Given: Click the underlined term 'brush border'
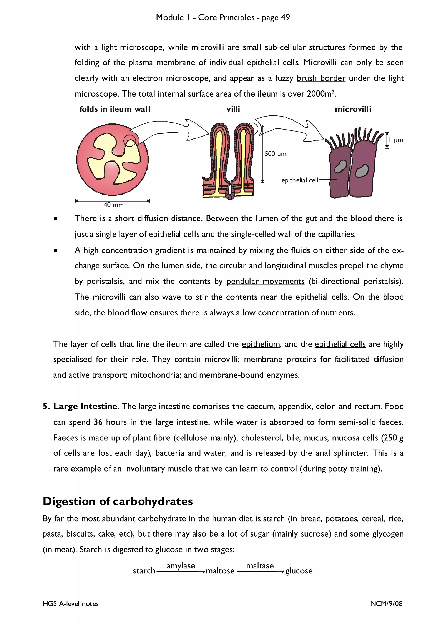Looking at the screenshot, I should (321, 78).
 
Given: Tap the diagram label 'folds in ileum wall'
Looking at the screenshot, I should (115, 109).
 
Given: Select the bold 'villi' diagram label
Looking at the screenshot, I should (233, 109).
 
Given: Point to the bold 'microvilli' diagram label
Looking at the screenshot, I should (353, 109).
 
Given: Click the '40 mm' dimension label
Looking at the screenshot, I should (113, 205).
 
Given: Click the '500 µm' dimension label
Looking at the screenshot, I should (275, 154).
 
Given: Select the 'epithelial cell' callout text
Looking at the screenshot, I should (300, 180).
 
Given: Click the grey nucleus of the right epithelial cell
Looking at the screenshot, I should (362, 171).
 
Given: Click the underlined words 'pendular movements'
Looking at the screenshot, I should (265, 282).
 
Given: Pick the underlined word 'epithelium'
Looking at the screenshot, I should (261, 344).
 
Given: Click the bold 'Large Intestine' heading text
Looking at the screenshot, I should (85, 406).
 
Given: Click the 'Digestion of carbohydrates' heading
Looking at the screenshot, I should (118, 501).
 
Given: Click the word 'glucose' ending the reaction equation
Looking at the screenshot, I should (299, 571).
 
